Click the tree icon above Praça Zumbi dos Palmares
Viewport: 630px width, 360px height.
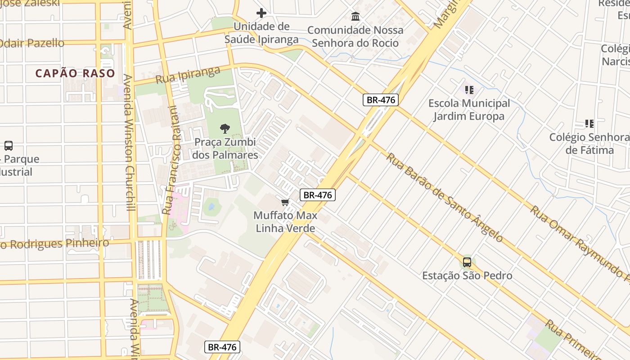(225, 129)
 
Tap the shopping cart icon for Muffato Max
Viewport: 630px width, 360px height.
(285, 202)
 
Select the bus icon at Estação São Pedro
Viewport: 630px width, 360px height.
(467, 262)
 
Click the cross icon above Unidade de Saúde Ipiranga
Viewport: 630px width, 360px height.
(261, 13)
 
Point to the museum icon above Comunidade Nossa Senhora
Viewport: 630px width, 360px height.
(355, 17)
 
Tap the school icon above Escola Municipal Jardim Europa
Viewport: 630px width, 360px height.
(469, 90)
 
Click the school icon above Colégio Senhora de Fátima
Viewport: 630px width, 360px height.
(589, 123)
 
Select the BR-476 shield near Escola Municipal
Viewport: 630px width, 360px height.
(381, 100)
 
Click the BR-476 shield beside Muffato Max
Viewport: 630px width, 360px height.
(318, 195)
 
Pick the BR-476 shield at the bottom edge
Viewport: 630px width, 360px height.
(222, 347)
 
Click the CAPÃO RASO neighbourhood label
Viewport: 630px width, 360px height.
(75, 73)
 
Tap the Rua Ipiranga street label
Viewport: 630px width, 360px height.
(188, 75)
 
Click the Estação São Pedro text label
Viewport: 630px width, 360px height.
(467, 275)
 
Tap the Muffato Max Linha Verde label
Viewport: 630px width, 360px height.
(285, 222)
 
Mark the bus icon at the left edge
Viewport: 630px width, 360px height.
(8, 145)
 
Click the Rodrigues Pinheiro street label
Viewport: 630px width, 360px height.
(54, 244)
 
